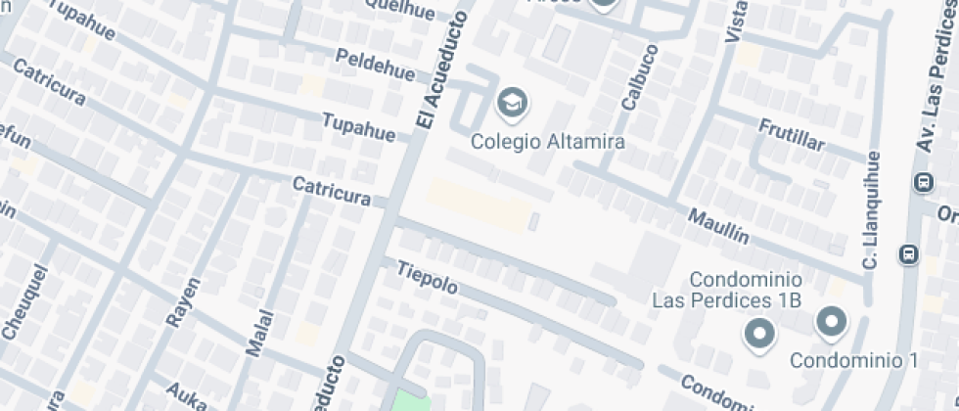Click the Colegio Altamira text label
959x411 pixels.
547,141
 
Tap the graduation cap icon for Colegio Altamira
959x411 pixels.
510,101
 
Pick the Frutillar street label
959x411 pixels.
792,136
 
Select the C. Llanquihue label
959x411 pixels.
871,210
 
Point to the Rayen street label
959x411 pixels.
183,300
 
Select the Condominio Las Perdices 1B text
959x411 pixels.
726,289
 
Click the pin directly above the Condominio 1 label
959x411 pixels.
832,320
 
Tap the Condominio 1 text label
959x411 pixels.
853,360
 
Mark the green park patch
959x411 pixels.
411,402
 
